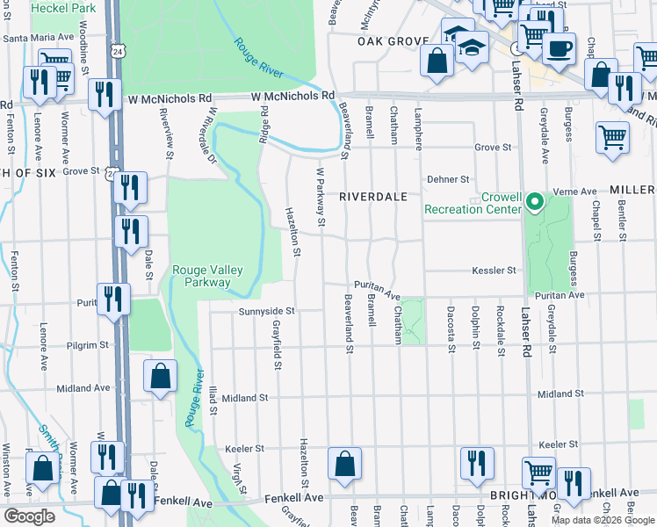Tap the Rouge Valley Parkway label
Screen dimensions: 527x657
pyautogui.click(x=201, y=276)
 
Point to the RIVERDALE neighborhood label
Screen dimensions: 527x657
pyautogui.click(x=374, y=198)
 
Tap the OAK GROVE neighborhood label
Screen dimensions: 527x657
pyautogui.click(x=392, y=41)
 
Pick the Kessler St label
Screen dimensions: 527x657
pyautogui.click(x=494, y=271)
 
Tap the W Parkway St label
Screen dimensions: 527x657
pyautogui.click(x=321, y=203)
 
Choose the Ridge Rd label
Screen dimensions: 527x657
pyautogui.click(x=264, y=125)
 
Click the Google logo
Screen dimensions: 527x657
pyautogui.click(x=29, y=516)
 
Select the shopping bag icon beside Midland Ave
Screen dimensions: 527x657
pyautogui.click(x=159, y=378)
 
